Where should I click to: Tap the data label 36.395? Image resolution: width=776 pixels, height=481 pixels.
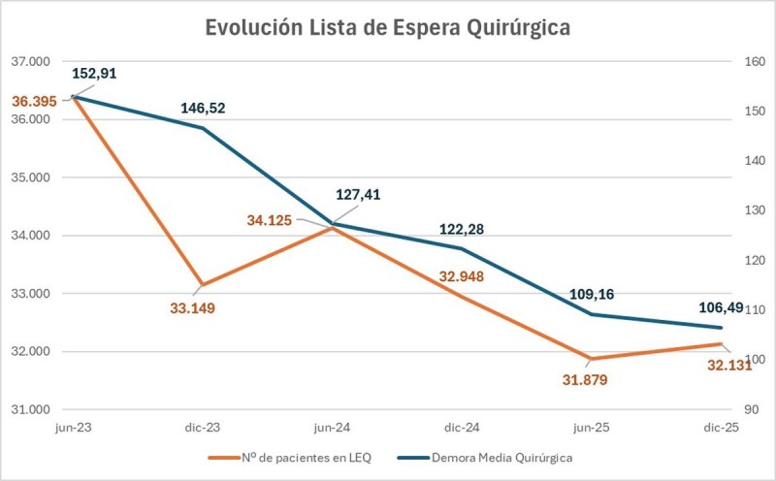tap(35, 100)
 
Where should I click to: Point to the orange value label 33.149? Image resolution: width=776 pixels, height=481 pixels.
tap(192, 308)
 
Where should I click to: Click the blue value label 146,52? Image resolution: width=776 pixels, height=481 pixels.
tap(203, 108)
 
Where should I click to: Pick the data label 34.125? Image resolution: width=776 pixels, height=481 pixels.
tap(270, 220)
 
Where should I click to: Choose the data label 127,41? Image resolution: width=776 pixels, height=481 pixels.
tap(358, 194)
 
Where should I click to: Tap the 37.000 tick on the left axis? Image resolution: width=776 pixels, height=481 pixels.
tap(29, 61)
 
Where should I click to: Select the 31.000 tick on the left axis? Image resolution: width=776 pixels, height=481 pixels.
tap(29, 409)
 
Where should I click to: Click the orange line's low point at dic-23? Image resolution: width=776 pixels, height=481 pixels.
tap(202, 285)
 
